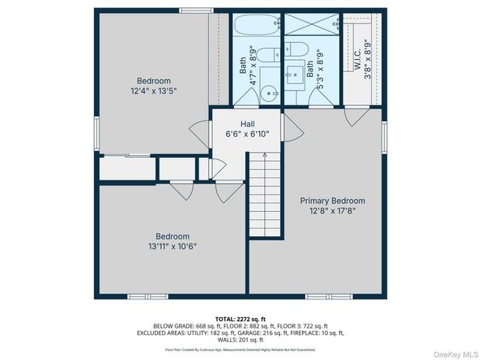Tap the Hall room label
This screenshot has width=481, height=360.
click(x=236, y=123)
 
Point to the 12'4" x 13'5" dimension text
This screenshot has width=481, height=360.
click(x=153, y=91)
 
